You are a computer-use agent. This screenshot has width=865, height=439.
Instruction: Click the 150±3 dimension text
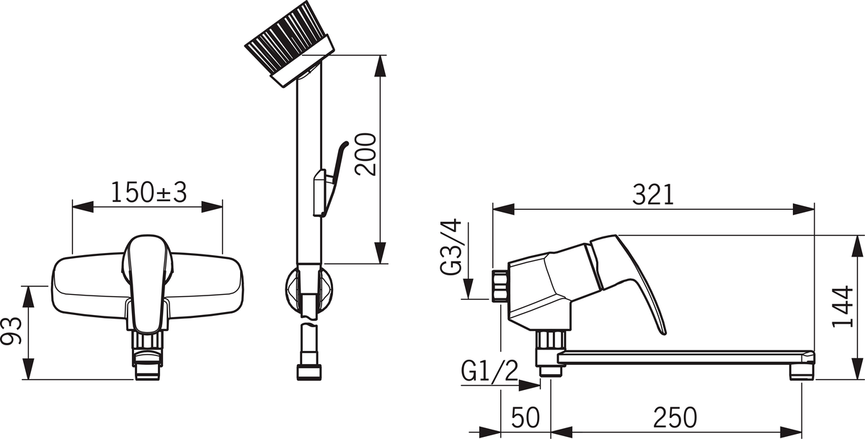click(148, 192)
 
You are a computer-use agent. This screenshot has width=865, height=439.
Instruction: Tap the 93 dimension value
click(12, 331)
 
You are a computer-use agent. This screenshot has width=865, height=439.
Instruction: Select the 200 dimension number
click(365, 154)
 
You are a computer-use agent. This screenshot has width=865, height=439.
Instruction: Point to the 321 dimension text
click(653, 195)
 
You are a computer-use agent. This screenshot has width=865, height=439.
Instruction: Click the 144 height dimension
click(842, 306)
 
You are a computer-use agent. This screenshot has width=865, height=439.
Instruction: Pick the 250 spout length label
click(675, 417)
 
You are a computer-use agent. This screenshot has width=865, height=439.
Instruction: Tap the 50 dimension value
click(525, 417)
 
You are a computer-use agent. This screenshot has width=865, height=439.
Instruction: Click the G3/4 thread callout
click(451, 247)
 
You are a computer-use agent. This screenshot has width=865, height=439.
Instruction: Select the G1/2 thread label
click(489, 371)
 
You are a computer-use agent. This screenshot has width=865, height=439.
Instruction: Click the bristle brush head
click(290, 43)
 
